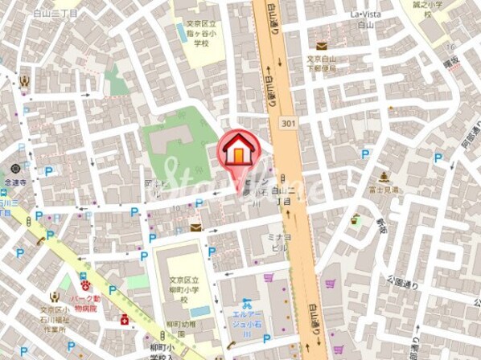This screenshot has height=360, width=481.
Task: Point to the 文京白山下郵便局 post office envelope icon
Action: coord(322,47)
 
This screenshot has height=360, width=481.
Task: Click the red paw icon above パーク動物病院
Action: coord(83,282)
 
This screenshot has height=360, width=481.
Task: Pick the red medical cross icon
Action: coord(125,319)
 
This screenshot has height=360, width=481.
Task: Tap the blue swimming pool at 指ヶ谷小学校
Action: coord(183,33)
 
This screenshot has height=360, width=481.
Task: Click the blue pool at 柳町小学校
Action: coord(199,311)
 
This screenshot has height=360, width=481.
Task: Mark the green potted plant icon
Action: coord(355,218)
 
